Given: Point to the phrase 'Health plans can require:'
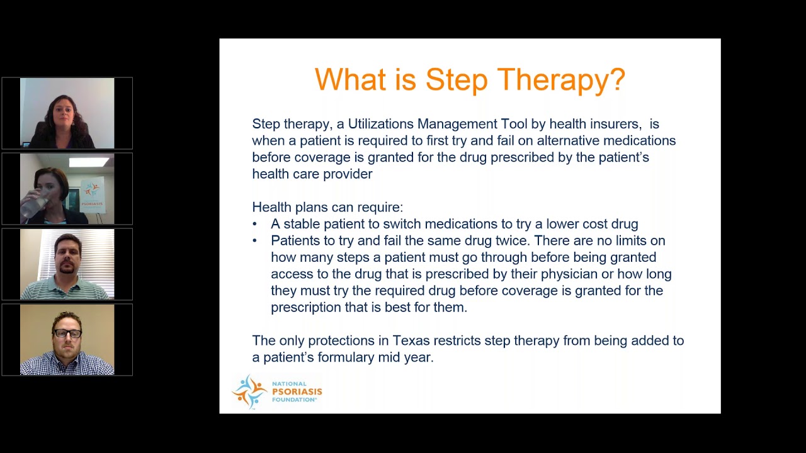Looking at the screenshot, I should [327, 207].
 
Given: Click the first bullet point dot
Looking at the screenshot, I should [255, 224].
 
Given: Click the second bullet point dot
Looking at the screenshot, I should [255, 241].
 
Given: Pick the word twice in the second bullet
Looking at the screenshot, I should [513, 240].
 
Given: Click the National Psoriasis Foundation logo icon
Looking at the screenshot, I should [250, 391].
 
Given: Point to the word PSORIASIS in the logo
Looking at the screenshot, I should [297, 391].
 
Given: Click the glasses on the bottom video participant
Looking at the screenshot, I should [67, 333].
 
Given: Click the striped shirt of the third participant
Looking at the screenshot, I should [66, 290].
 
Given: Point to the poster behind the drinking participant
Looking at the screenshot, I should [92, 195].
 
